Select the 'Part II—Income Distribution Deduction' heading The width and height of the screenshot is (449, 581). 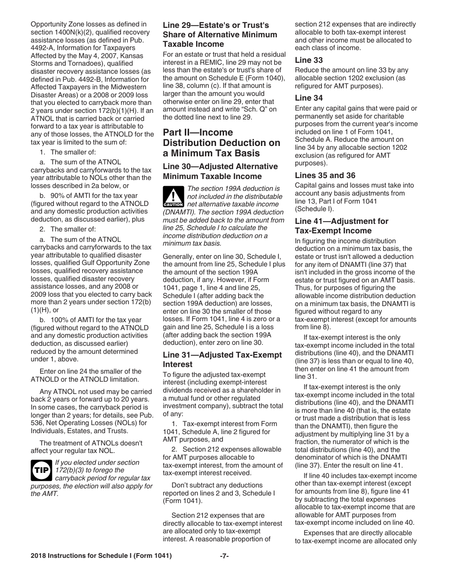[221, 143]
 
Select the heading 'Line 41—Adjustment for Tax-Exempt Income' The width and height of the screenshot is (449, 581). [341, 226]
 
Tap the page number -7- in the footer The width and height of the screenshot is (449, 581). [224, 556]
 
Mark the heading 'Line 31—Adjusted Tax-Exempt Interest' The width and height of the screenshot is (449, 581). [222, 359]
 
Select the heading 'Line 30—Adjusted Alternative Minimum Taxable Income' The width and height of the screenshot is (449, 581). [220, 171]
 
